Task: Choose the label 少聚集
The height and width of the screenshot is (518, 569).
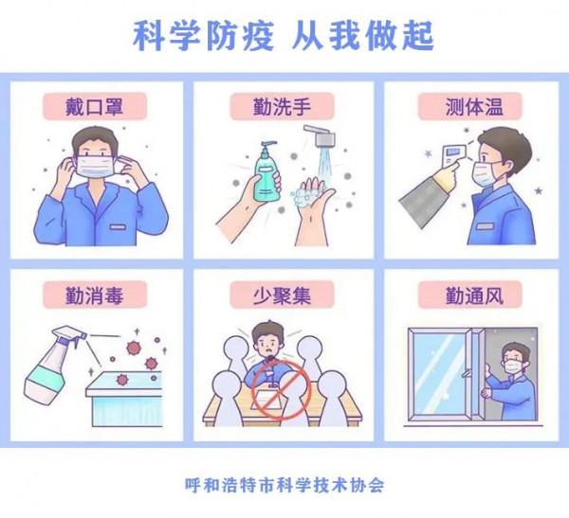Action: [x=283, y=295]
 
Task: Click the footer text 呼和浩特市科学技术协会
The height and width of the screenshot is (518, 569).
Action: [x=284, y=484]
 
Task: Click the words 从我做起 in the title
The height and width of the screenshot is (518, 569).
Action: [x=365, y=36]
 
